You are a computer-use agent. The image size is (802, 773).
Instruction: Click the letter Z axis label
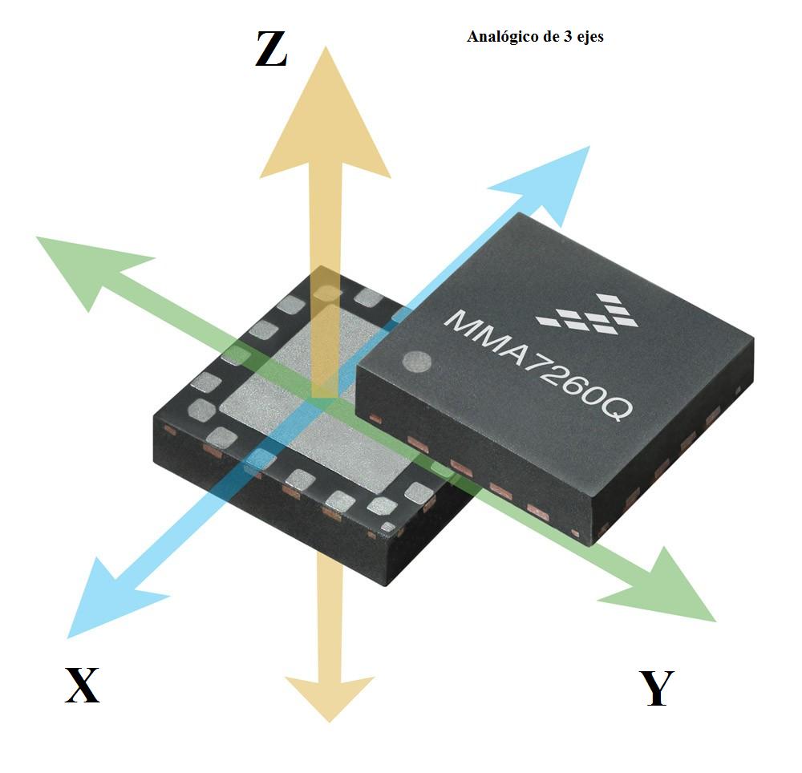point(271,51)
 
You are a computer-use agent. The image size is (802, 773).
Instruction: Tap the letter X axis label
point(82,686)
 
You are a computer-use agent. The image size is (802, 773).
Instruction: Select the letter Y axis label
point(657,689)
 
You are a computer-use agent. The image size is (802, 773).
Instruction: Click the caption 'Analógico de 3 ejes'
point(535,37)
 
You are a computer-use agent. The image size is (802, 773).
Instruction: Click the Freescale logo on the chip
point(588,314)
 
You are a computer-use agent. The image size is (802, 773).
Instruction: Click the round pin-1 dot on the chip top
point(417,362)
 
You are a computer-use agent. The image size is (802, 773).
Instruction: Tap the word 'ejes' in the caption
point(589,38)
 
